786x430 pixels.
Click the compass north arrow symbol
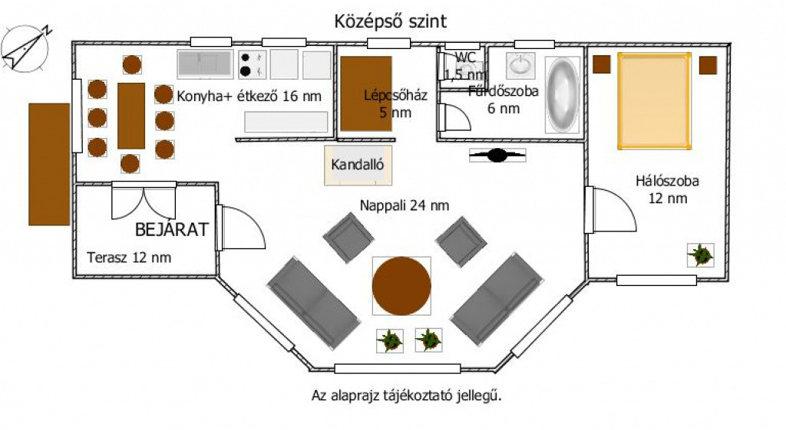point(25,48)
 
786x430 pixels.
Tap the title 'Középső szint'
point(391,21)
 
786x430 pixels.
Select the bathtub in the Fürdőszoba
point(562,94)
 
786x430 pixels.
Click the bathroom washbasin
point(520,66)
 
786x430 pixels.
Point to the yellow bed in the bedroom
point(654,101)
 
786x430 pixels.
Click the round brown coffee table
point(401,286)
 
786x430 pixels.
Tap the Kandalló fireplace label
point(358,165)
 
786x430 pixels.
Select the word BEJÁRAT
point(171,229)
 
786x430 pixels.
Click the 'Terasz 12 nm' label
point(129,258)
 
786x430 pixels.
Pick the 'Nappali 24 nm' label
point(405,205)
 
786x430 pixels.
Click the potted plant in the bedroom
point(700,254)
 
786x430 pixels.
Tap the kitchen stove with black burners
point(252,64)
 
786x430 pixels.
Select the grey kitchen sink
point(206,64)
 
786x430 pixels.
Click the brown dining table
point(131,116)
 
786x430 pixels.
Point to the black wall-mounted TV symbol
point(497,155)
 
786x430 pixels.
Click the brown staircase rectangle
point(366,94)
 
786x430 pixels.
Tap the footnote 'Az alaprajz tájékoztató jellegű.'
point(407,396)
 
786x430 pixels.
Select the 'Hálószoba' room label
point(667,181)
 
